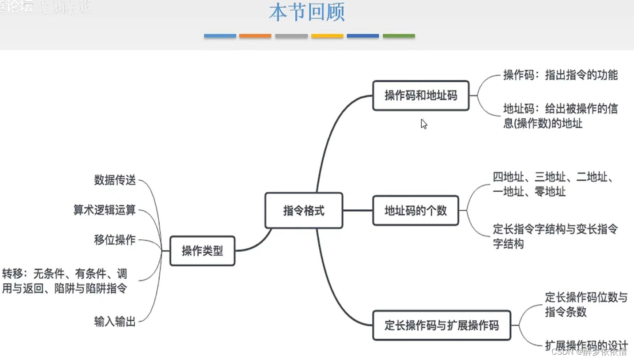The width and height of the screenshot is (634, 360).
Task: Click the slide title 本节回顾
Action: coord(306,13)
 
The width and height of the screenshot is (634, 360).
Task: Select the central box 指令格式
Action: coord(304,211)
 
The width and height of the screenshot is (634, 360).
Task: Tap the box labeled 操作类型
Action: coord(202,251)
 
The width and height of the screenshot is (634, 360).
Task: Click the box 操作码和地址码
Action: coord(421,95)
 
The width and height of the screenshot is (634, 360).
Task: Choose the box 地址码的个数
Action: coord(416,211)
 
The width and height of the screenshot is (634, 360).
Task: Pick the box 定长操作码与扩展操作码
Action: coord(442,326)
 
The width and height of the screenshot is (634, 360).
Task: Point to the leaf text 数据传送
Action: coord(115,180)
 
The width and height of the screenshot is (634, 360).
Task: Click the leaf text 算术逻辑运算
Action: coord(105,210)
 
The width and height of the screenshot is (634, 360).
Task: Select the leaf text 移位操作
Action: coord(115,240)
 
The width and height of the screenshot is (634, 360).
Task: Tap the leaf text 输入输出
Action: coord(115,321)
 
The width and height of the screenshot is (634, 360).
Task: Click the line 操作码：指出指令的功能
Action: coord(560,75)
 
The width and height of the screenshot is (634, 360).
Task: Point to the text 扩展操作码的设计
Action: coord(586,345)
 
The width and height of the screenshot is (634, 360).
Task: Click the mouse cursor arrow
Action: coord(423,123)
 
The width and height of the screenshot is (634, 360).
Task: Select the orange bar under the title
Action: coord(255,36)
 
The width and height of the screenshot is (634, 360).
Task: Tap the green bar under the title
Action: coord(399,36)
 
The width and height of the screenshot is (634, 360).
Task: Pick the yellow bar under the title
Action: coord(327,36)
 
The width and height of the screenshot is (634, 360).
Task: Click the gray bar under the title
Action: coord(291,36)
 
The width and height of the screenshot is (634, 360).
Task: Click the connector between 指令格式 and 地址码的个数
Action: coord(358,211)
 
